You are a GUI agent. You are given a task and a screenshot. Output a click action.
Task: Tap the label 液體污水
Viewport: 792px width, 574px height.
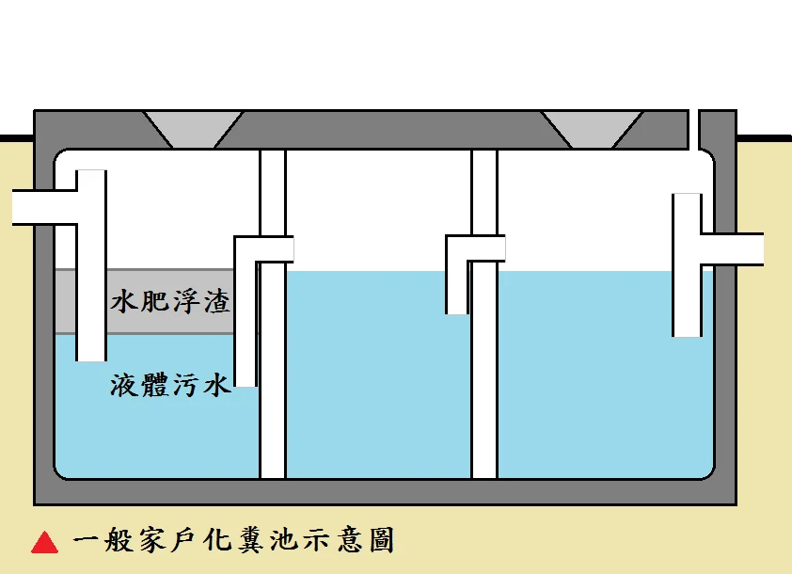[x=170, y=385]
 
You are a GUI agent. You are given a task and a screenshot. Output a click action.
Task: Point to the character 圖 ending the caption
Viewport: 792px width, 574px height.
[x=378, y=540]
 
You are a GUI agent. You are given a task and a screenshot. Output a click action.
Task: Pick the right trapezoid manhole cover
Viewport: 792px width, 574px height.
[x=592, y=128]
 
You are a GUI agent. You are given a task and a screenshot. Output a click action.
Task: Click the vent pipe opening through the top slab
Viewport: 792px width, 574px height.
[x=694, y=128]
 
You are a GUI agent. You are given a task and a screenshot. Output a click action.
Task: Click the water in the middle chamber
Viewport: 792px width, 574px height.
[x=376, y=376]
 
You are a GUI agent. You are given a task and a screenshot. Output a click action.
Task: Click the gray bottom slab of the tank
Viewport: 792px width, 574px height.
[x=376, y=492]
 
